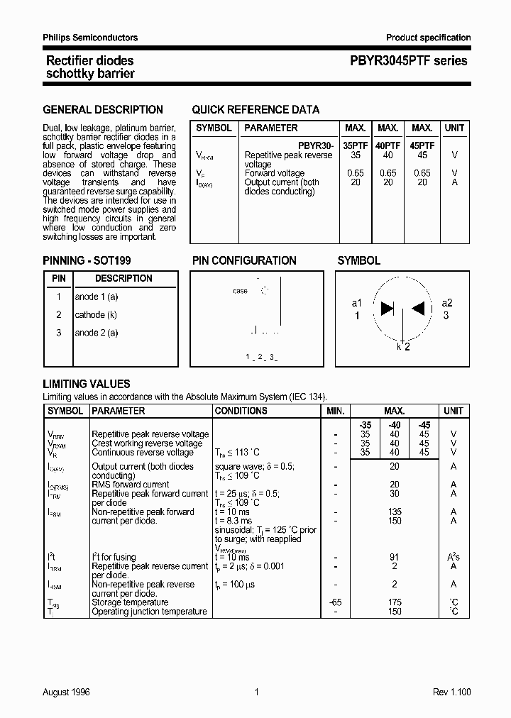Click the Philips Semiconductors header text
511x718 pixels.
tap(90, 38)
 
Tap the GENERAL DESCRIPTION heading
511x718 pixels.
tap(103, 110)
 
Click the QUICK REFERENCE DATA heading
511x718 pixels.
tap(255, 110)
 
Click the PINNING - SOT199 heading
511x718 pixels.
tap(87, 260)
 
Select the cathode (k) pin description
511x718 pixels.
tap(96, 314)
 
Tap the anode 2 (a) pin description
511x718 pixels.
tap(97, 333)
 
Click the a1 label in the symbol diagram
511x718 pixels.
tap(357, 303)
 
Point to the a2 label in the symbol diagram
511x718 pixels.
tap(447, 303)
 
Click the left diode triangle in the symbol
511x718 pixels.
tap(388, 308)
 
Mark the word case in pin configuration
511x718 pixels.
tap(240, 291)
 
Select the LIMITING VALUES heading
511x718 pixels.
tap(87, 384)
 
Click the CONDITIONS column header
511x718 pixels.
tap(241, 411)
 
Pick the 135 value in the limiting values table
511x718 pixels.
tap(395, 512)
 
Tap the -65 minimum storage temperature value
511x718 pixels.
tap(335, 602)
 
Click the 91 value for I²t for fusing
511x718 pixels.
tap(395, 557)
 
